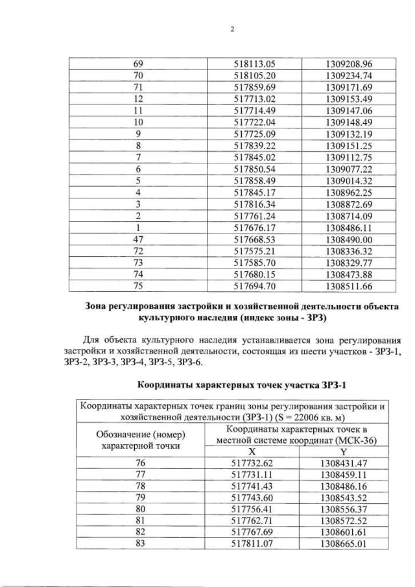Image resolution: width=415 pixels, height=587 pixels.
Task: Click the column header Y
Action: tap(343, 451)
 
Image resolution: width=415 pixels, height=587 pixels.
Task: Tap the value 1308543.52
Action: tap(343, 497)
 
